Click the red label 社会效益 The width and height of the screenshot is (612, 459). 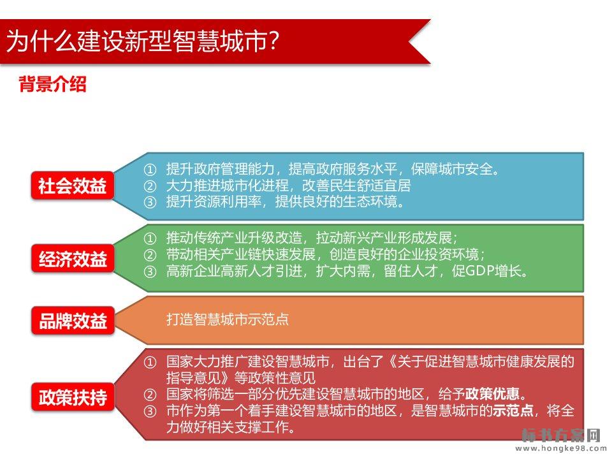pyautogui.click(x=73, y=186)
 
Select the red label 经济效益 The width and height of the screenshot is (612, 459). pyautogui.click(x=73, y=259)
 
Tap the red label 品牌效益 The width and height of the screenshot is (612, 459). pyautogui.click(x=73, y=321)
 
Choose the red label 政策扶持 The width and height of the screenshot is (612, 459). pyautogui.click(x=73, y=397)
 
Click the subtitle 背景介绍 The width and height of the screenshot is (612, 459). pyautogui.click(x=53, y=84)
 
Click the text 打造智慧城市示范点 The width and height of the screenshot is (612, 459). pyautogui.click(x=228, y=319)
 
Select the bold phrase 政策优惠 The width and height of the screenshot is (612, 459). pyautogui.click(x=492, y=394)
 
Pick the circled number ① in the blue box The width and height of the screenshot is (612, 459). pyautogui.click(x=150, y=170)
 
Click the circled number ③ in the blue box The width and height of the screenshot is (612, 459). pyautogui.click(x=150, y=202)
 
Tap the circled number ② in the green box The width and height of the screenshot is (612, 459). pyautogui.click(x=150, y=255)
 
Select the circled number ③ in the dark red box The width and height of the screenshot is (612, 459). pyautogui.click(x=150, y=411)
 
